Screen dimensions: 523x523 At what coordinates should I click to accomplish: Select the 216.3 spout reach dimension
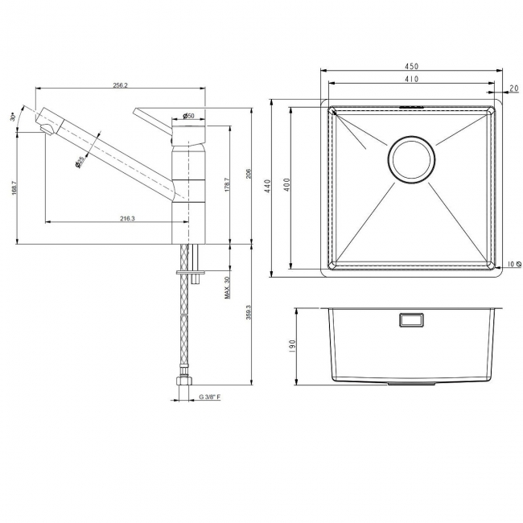point(126,217)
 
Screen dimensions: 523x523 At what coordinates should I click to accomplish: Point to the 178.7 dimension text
point(227,184)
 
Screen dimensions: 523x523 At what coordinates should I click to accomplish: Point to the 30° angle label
point(14,117)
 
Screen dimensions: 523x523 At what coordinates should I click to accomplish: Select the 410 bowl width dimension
point(411,80)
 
